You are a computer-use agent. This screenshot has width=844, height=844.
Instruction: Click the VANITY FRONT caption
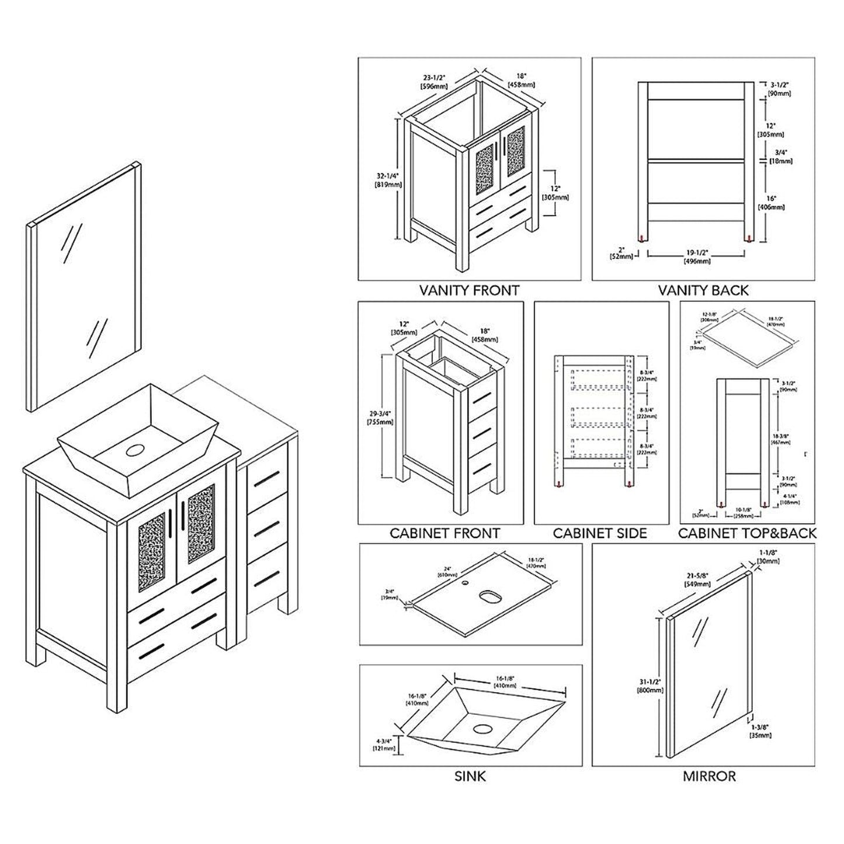point(469,290)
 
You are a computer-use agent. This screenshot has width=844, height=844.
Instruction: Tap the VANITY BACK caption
point(703,290)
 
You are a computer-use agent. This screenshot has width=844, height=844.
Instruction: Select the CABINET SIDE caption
point(600,533)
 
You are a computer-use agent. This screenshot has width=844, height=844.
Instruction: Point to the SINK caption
point(470,776)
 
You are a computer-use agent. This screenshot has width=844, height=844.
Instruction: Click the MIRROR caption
point(709,776)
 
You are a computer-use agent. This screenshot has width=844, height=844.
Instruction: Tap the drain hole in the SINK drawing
point(483,729)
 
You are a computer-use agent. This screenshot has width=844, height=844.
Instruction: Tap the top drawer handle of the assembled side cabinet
point(266,479)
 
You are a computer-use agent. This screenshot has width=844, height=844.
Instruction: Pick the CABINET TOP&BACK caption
point(747,533)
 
